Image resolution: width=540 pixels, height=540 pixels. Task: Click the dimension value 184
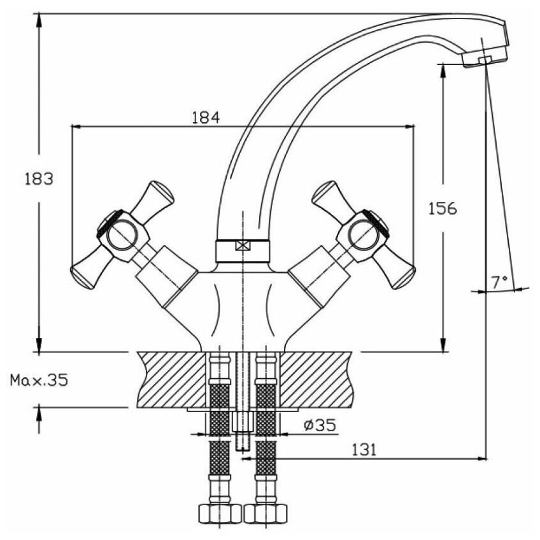(205, 118)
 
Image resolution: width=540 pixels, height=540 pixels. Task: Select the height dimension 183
(39, 179)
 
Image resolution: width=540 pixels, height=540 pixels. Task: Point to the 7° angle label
(501, 280)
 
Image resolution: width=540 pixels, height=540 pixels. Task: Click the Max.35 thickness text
(39, 381)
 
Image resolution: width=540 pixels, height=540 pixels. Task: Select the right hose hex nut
(265, 513)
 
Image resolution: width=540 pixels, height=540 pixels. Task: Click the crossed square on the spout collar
(243, 246)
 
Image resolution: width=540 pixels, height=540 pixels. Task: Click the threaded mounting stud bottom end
(243, 447)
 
